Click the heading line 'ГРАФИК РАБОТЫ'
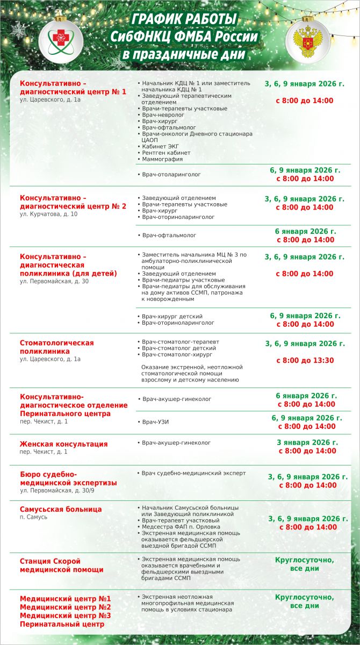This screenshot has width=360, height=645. coord(184,20)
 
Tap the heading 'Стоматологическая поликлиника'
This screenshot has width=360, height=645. coord(56,347)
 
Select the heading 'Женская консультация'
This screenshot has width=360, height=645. coord(63,444)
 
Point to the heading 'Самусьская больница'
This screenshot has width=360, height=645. coord(61,509)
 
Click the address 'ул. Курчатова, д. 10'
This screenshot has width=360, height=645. coord(48,214)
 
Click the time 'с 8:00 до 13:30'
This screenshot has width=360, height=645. coord(305,361)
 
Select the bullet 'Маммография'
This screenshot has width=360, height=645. coord(162,159)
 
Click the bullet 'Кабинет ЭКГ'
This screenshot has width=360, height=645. coord(161,146)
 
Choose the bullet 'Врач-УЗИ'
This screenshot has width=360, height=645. coord(156,422)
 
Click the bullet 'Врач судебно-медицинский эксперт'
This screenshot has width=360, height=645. coord(193,473)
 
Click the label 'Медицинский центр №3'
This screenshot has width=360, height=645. coord(66,615)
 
